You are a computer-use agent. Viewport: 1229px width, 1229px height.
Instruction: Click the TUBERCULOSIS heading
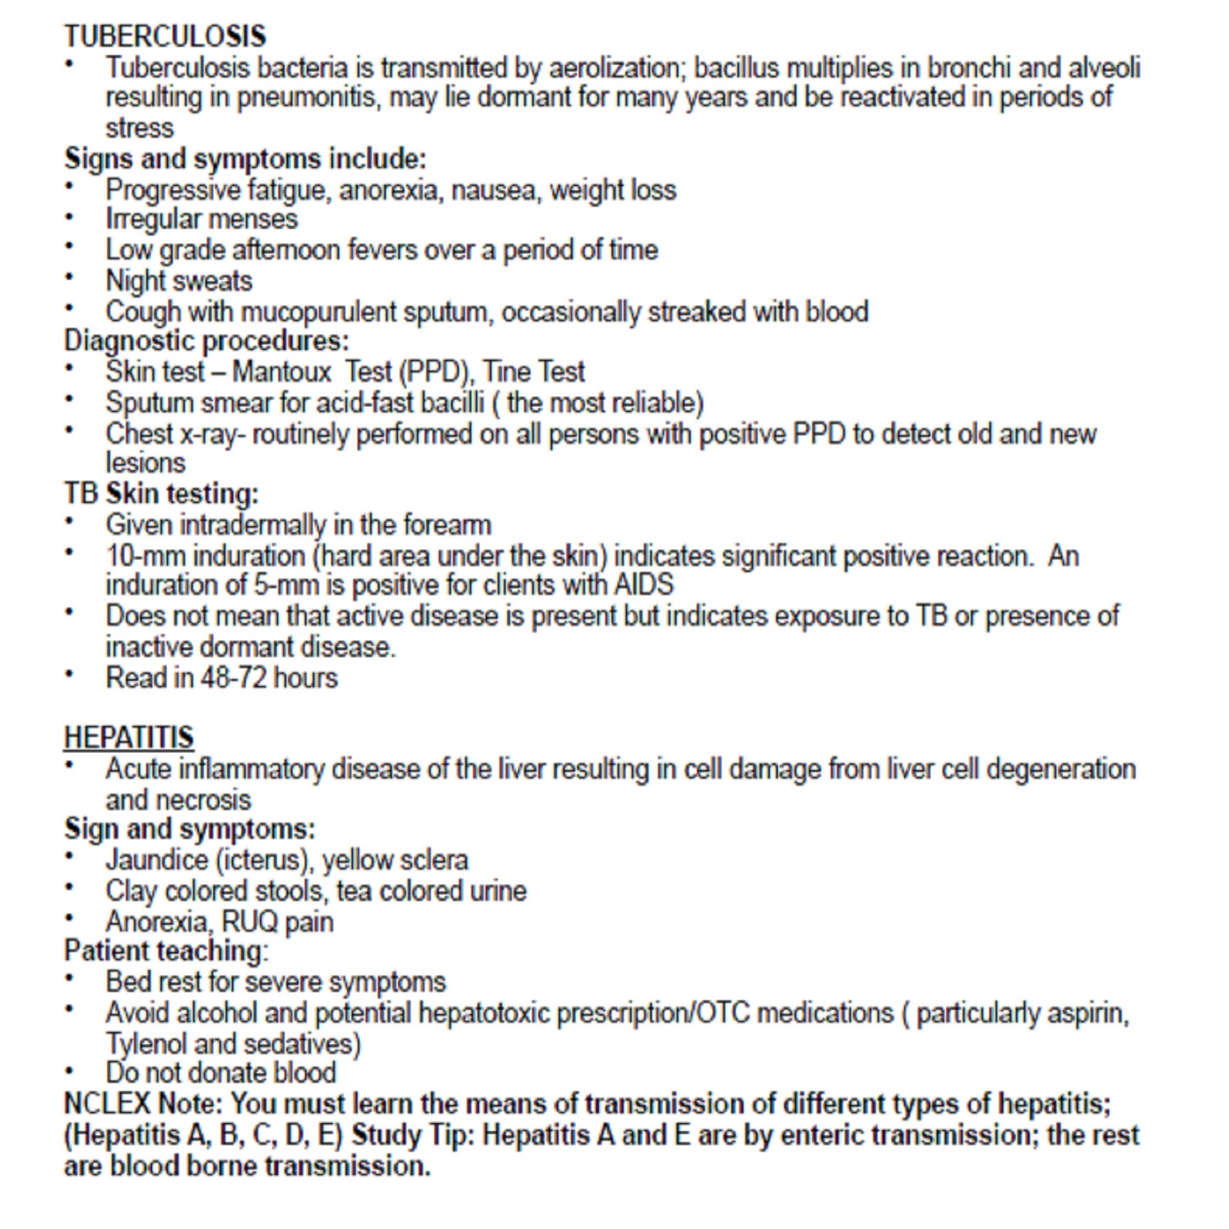(x=165, y=36)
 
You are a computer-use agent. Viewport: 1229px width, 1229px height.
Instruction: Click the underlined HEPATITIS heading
(x=128, y=738)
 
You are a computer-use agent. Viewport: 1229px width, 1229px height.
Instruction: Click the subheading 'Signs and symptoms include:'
(x=245, y=159)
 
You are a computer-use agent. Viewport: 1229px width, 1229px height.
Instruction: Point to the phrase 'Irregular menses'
(x=201, y=219)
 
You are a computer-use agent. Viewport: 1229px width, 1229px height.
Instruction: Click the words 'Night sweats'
(x=179, y=280)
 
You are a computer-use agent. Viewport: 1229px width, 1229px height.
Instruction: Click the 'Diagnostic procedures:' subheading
(x=206, y=341)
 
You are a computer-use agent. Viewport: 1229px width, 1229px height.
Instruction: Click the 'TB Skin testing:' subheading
(x=161, y=494)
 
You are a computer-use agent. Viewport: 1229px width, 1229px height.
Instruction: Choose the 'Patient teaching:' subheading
(x=166, y=950)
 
